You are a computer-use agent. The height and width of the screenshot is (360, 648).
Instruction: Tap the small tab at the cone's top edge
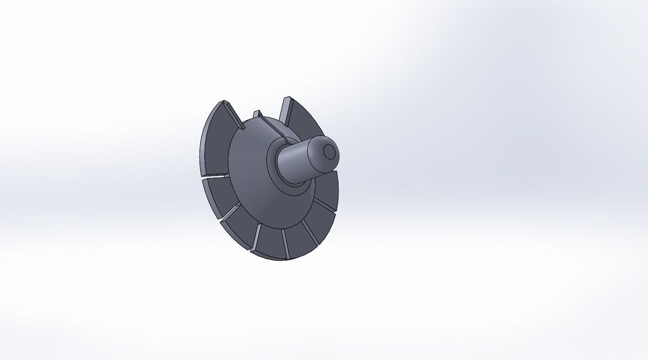point(257,114)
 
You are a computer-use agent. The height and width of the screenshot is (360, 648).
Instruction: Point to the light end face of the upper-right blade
point(285,109)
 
